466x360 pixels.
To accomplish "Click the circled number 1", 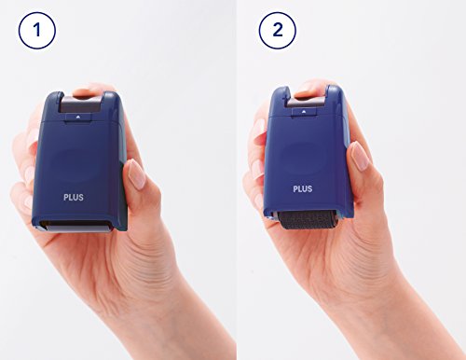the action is tap(37, 31).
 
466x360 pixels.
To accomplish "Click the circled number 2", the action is tap(278, 31).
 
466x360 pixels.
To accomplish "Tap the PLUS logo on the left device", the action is tap(74, 197).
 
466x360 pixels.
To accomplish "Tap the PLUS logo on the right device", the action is tap(303, 188).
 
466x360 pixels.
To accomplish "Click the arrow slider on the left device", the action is tap(78, 118).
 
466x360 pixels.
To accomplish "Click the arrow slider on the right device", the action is tap(304, 112).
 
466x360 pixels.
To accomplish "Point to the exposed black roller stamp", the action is tap(307, 220).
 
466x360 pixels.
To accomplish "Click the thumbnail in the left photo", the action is tap(137, 174).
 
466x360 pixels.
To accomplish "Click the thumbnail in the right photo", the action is tap(360, 156).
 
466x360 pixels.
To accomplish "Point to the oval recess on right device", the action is tap(304, 158).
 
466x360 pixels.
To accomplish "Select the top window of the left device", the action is tap(81, 104).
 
